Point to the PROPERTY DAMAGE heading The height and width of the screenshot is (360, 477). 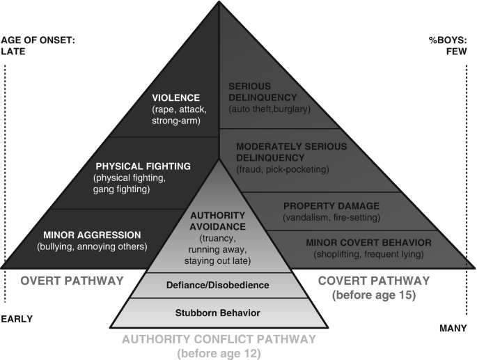click(x=331, y=206)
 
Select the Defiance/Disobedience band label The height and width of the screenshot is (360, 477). click(x=219, y=284)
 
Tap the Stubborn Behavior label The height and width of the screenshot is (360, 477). click(x=219, y=313)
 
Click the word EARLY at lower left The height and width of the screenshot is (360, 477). click(x=17, y=319)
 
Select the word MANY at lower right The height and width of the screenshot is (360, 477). click(x=454, y=327)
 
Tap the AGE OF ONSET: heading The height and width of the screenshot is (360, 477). click(x=38, y=40)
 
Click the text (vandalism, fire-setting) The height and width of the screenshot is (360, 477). click(x=331, y=217)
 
